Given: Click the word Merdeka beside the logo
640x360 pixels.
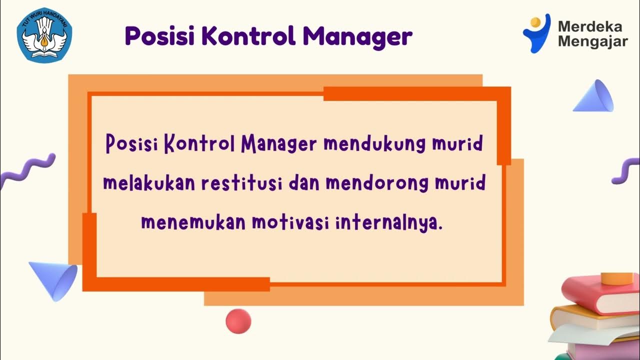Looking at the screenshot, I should (x=590, y=26).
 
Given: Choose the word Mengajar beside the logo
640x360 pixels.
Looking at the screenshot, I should (x=592, y=42).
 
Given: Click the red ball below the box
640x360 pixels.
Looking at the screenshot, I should (x=238, y=321).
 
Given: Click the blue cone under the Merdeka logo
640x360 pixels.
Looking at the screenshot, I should (x=595, y=96).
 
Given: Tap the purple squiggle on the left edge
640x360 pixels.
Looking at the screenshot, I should (x=26, y=170).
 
